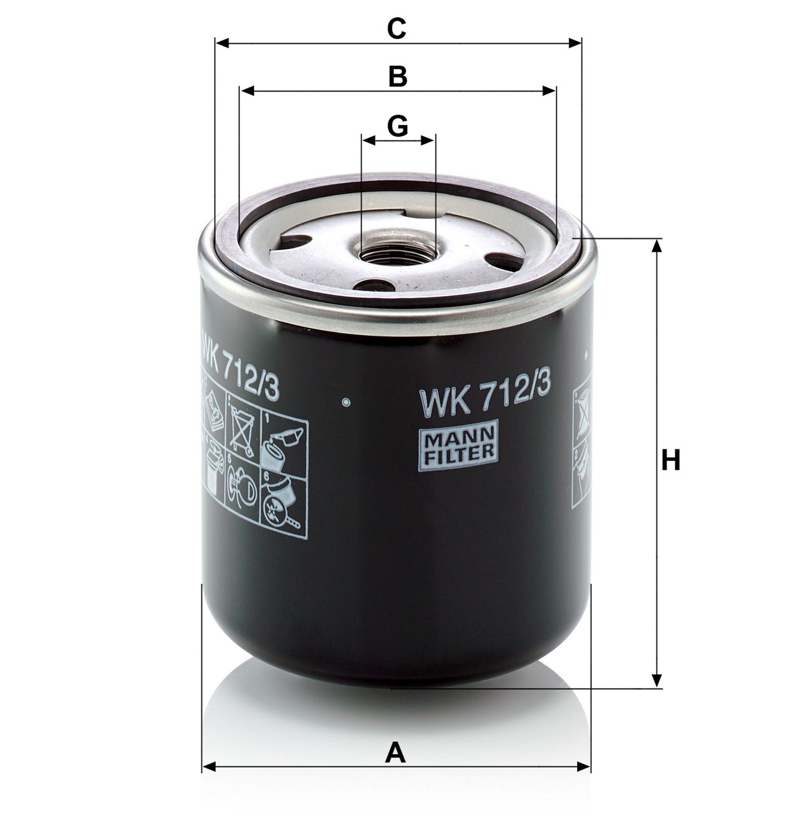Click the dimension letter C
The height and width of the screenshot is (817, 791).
(x=396, y=29)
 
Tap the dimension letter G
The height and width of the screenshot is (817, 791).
(x=398, y=126)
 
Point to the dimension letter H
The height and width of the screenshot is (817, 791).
(x=670, y=460)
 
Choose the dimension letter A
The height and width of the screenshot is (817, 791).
(x=396, y=753)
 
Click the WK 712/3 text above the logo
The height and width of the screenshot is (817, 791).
(x=483, y=400)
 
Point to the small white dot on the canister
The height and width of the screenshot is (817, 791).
(x=346, y=402)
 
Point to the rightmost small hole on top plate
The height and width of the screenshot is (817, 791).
(x=501, y=261)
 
